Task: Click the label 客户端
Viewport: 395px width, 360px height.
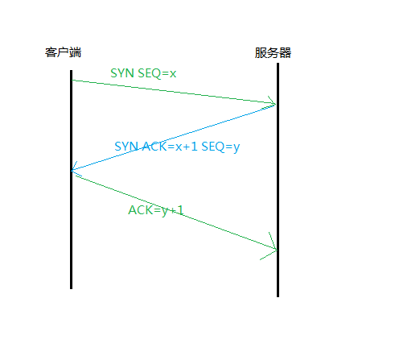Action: point(63,52)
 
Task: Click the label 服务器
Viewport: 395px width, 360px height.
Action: point(273,52)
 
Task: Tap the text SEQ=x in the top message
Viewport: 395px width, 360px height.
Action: point(157,73)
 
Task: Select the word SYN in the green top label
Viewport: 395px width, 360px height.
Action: point(122,73)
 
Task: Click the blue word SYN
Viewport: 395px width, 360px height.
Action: point(126,147)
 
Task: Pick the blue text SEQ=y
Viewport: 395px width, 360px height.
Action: point(220,147)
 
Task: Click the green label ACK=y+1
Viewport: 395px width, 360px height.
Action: point(156,210)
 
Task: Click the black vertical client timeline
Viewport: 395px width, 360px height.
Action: point(71,180)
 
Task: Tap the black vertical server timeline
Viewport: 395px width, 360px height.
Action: point(278,180)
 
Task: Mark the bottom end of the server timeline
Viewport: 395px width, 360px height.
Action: point(278,297)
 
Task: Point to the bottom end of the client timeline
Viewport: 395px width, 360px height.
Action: point(71,289)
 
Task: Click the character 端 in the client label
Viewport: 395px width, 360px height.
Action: point(76,52)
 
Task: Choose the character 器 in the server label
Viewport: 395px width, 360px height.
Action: point(285,52)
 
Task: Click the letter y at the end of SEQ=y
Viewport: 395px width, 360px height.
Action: point(237,148)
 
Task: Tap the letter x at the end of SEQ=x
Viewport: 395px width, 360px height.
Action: point(173,74)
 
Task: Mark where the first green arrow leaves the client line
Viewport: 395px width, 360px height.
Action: point(72,80)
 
